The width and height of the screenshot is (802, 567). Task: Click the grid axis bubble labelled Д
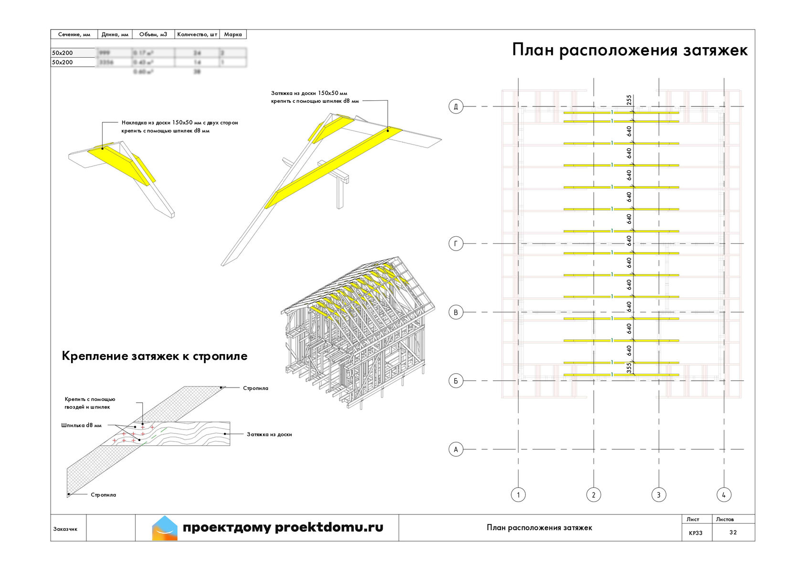point(456,106)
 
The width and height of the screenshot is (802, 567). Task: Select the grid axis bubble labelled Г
point(456,244)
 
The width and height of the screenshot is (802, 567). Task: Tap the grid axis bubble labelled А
point(456,449)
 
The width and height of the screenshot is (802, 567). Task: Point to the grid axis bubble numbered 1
point(518,495)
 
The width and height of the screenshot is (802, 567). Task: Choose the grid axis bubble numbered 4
point(724,495)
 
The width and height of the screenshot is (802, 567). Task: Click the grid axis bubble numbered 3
point(659,495)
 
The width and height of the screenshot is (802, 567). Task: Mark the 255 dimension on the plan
point(629,100)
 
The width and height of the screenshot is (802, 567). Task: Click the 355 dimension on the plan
point(629,367)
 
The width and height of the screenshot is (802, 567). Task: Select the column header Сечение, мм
point(74,34)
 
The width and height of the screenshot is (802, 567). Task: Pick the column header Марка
point(233,34)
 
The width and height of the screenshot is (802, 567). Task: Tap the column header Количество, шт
point(197,34)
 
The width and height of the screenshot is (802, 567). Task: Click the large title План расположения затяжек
point(630,50)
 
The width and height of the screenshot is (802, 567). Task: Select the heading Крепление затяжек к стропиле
point(155,356)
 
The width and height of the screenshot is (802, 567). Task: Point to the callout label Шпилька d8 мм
point(81,425)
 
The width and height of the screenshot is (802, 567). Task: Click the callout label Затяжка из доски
point(269,434)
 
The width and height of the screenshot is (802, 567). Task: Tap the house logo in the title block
point(165,528)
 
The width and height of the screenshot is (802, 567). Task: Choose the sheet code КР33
point(696,533)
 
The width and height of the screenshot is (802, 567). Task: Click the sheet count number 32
point(733,532)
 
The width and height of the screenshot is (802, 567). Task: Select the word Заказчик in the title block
point(65,529)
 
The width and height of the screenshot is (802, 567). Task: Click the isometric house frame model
point(358,329)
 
